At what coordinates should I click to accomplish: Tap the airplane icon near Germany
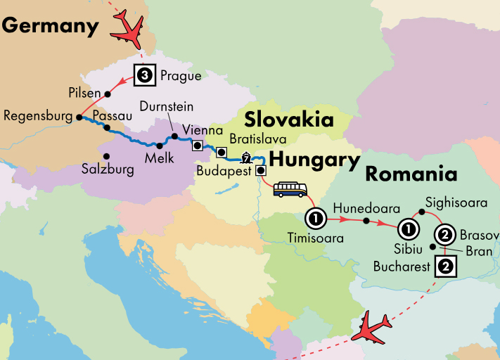pyautogui.click(x=131, y=27)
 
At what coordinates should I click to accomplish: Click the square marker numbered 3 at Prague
pyautogui.click(x=144, y=74)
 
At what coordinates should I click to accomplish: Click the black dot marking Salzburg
pyautogui.click(x=107, y=156)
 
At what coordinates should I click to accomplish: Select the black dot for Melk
pyautogui.click(x=160, y=146)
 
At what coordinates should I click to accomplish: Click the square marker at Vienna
pyautogui.click(x=198, y=146)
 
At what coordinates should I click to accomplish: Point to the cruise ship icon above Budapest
pyautogui.click(x=246, y=157)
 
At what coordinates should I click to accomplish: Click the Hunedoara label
pyautogui.click(x=366, y=209)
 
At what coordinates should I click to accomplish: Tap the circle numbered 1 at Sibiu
pyautogui.click(x=407, y=229)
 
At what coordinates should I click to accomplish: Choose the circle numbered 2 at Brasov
pyautogui.click(x=444, y=234)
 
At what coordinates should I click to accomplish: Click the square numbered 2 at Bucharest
pyautogui.click(x=447, y=266)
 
